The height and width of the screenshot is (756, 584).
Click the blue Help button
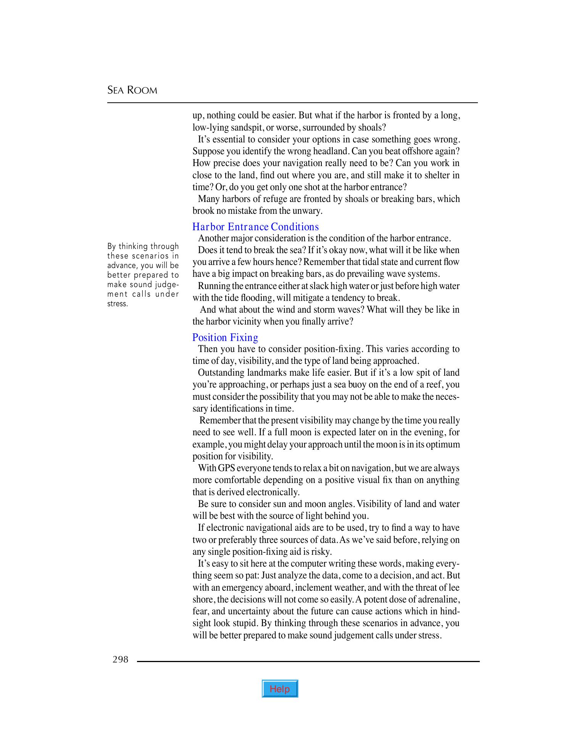pos(280,689)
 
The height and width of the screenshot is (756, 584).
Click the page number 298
pos(120,659)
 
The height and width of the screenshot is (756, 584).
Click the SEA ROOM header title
pos(132,90)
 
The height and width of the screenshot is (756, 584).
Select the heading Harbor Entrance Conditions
pos(255,227)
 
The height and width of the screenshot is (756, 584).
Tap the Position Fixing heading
pos(225,338)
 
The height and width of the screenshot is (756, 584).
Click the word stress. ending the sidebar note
pos(117,304)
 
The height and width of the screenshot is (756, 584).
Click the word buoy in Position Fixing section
pos(355,384)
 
